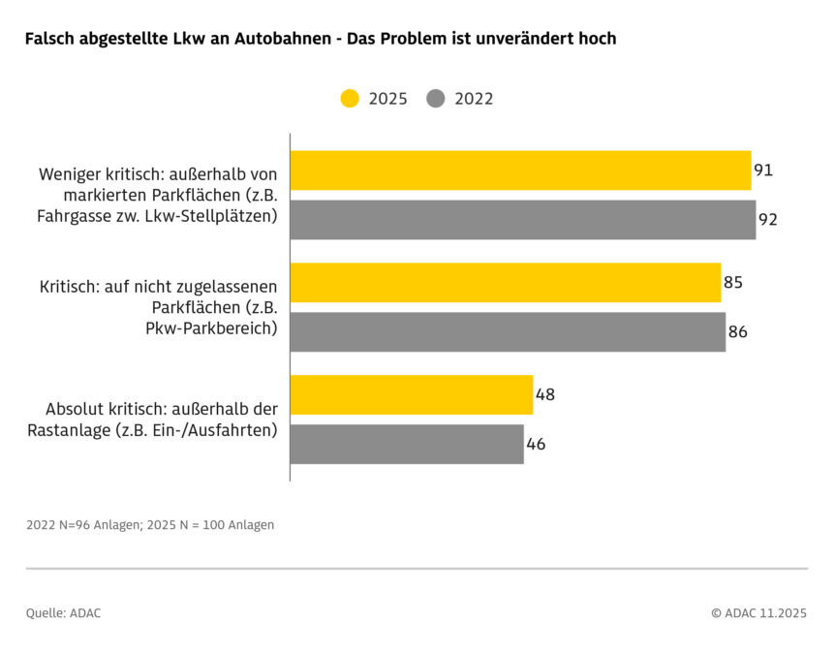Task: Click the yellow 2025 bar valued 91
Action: [x=520, y=171]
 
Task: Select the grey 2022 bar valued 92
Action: [x=523, y=220]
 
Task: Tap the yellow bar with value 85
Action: [x=505, y=283]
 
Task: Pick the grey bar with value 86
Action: [x=508, y=332]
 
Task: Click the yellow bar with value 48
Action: [x=411, y=395]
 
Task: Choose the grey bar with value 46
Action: [x=406, y=445]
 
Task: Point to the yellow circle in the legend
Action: [x=350, y=99]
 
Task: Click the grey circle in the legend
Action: [x=436, y=99]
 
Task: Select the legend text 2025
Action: [x=387, y=99]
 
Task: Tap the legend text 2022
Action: [x=474, y=99]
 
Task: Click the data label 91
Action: [x=763, y=171]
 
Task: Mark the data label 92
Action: [x=768, y=220]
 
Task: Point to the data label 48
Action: [x=545, y=395]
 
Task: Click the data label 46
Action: [x=537, y=445]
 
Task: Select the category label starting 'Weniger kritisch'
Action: [x=158, y=195]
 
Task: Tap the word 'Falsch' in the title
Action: [x=50, y=39]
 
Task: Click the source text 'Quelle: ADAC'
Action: [x=63, y=612]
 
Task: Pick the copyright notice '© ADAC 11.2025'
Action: [x=758, y=612]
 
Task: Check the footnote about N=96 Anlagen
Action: [x=150, y=525]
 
